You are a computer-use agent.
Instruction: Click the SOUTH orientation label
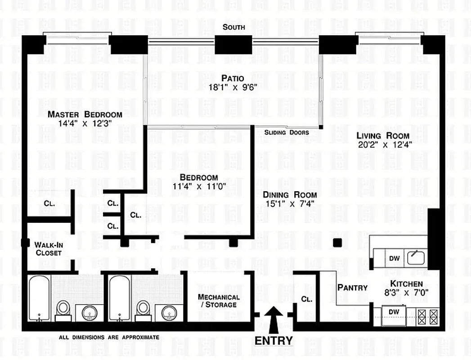point(234,27)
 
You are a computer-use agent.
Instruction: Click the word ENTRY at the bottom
point(274,341)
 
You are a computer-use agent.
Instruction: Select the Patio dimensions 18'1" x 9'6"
point(232,88)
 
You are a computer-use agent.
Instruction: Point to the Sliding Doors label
point(287,132)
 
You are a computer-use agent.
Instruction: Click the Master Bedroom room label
point(85,114)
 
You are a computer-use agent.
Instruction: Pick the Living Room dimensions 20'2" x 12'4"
point(383,145)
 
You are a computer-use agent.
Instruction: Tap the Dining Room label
point(290,195)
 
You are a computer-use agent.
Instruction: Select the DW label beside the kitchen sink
point(395,258)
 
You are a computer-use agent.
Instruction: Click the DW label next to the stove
point(394,311)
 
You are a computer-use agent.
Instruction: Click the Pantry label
point(352,288)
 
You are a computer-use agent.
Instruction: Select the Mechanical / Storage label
point(219,301)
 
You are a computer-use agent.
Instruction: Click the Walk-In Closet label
point(48,248)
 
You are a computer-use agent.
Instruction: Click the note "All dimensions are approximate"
point(109,337)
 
